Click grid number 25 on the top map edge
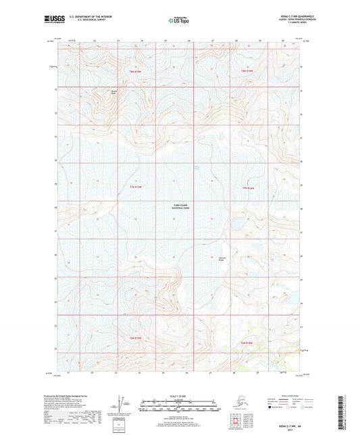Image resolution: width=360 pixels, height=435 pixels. coord(165,42)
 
